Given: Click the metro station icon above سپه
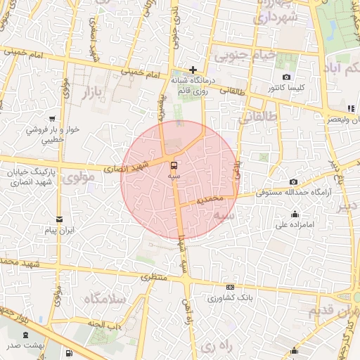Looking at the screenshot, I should pyautogui.click(x=174, y=165).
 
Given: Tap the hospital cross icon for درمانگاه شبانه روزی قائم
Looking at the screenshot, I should pyautogui.click(x=193, y=70).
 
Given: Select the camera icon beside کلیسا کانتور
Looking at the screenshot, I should pyautogui.click(x=286, y=77).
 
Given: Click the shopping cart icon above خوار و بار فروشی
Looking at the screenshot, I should pyautogui.click(x=52, y=119).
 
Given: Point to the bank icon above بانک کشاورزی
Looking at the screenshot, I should pyautogui.click(x=231, y=287).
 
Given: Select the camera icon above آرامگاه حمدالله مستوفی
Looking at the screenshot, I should pyautogui.click(x=293, y=181).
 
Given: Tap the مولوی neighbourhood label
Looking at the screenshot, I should pyautogui.click(x=77, y=178).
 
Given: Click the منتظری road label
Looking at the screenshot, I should pyautogui.click(x=155, y=276).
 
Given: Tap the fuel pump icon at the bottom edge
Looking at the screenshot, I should pyautogui.click(x=68, y=354).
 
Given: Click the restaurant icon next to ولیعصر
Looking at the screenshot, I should pyautogui.click(x=350, y=108).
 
